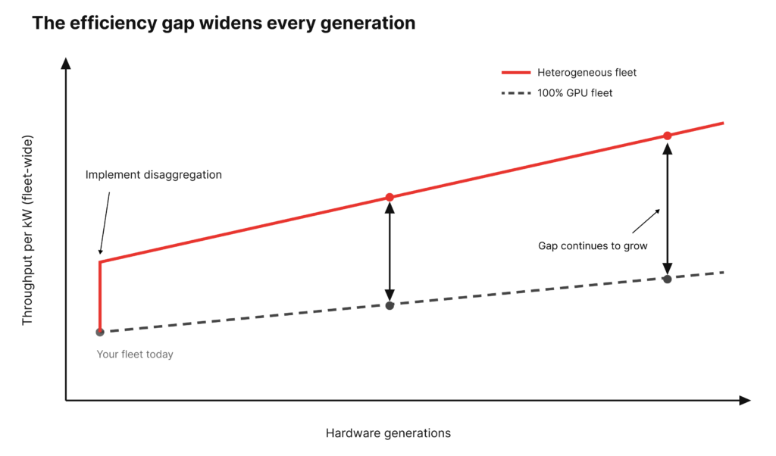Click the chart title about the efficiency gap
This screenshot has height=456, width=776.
[224, 23]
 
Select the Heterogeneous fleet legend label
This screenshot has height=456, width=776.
[587, 73]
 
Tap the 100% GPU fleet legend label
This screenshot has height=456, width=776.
[575, 93]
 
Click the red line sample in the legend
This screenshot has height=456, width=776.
[515, 73]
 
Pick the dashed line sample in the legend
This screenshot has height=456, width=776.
[515, 93]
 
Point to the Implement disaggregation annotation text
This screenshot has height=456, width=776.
[153, 174]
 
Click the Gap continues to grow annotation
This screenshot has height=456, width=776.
[593, 246]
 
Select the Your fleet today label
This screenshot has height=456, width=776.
[135, 354]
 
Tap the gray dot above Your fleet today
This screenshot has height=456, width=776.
[100, 332]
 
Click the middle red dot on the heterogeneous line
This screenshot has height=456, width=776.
[390, 198]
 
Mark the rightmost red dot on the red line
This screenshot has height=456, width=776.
[668, 136]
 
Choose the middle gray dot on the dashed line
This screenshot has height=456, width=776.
[390, 306]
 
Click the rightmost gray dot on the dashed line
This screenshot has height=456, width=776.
[668, 279]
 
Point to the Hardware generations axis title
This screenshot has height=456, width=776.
[388, 433]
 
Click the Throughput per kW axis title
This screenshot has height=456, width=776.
[27, 230]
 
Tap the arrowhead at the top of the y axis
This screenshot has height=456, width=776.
[66, 63]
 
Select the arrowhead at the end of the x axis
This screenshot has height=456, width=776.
[745, 400]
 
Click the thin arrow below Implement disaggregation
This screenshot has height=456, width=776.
[105, 223]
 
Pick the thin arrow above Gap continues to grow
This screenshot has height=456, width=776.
[646, 220]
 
